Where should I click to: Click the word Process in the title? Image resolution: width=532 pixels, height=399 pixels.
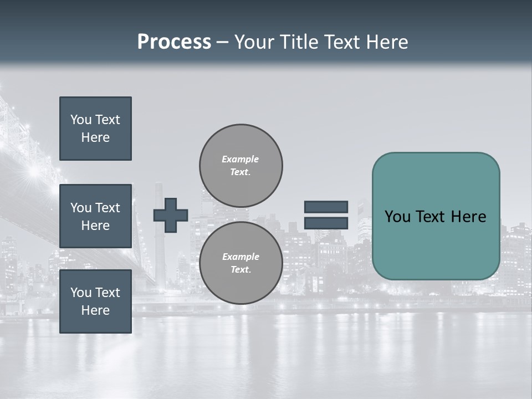coord(174,42)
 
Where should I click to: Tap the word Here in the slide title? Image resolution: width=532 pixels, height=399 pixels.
coord(386,42)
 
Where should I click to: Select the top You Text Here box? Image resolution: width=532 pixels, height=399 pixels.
coord(95,129)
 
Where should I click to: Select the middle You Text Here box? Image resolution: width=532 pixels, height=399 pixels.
coord(95,216)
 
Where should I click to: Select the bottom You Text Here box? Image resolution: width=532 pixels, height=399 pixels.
coord(95,301)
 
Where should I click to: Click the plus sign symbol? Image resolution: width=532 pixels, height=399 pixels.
coord(171,215)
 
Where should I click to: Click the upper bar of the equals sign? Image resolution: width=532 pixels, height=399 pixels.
coord(326,207)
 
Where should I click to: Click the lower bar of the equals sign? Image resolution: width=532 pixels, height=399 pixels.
coord(326,223)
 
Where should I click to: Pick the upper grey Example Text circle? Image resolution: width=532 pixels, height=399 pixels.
coord(241,166)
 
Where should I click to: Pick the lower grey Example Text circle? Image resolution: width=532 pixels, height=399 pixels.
coord(241,263)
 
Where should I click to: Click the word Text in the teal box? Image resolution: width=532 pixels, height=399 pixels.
coord(431,217)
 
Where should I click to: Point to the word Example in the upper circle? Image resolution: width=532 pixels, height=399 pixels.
coord(240,159)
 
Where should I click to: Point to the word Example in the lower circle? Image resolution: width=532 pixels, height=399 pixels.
coord(241,257)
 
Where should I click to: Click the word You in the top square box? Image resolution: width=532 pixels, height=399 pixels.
coord(80,120)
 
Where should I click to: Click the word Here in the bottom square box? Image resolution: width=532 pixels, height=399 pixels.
coord(95,310)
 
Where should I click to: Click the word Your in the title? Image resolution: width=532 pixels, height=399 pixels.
coord(254,42)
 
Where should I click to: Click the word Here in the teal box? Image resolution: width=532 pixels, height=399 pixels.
coord(469,217)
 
